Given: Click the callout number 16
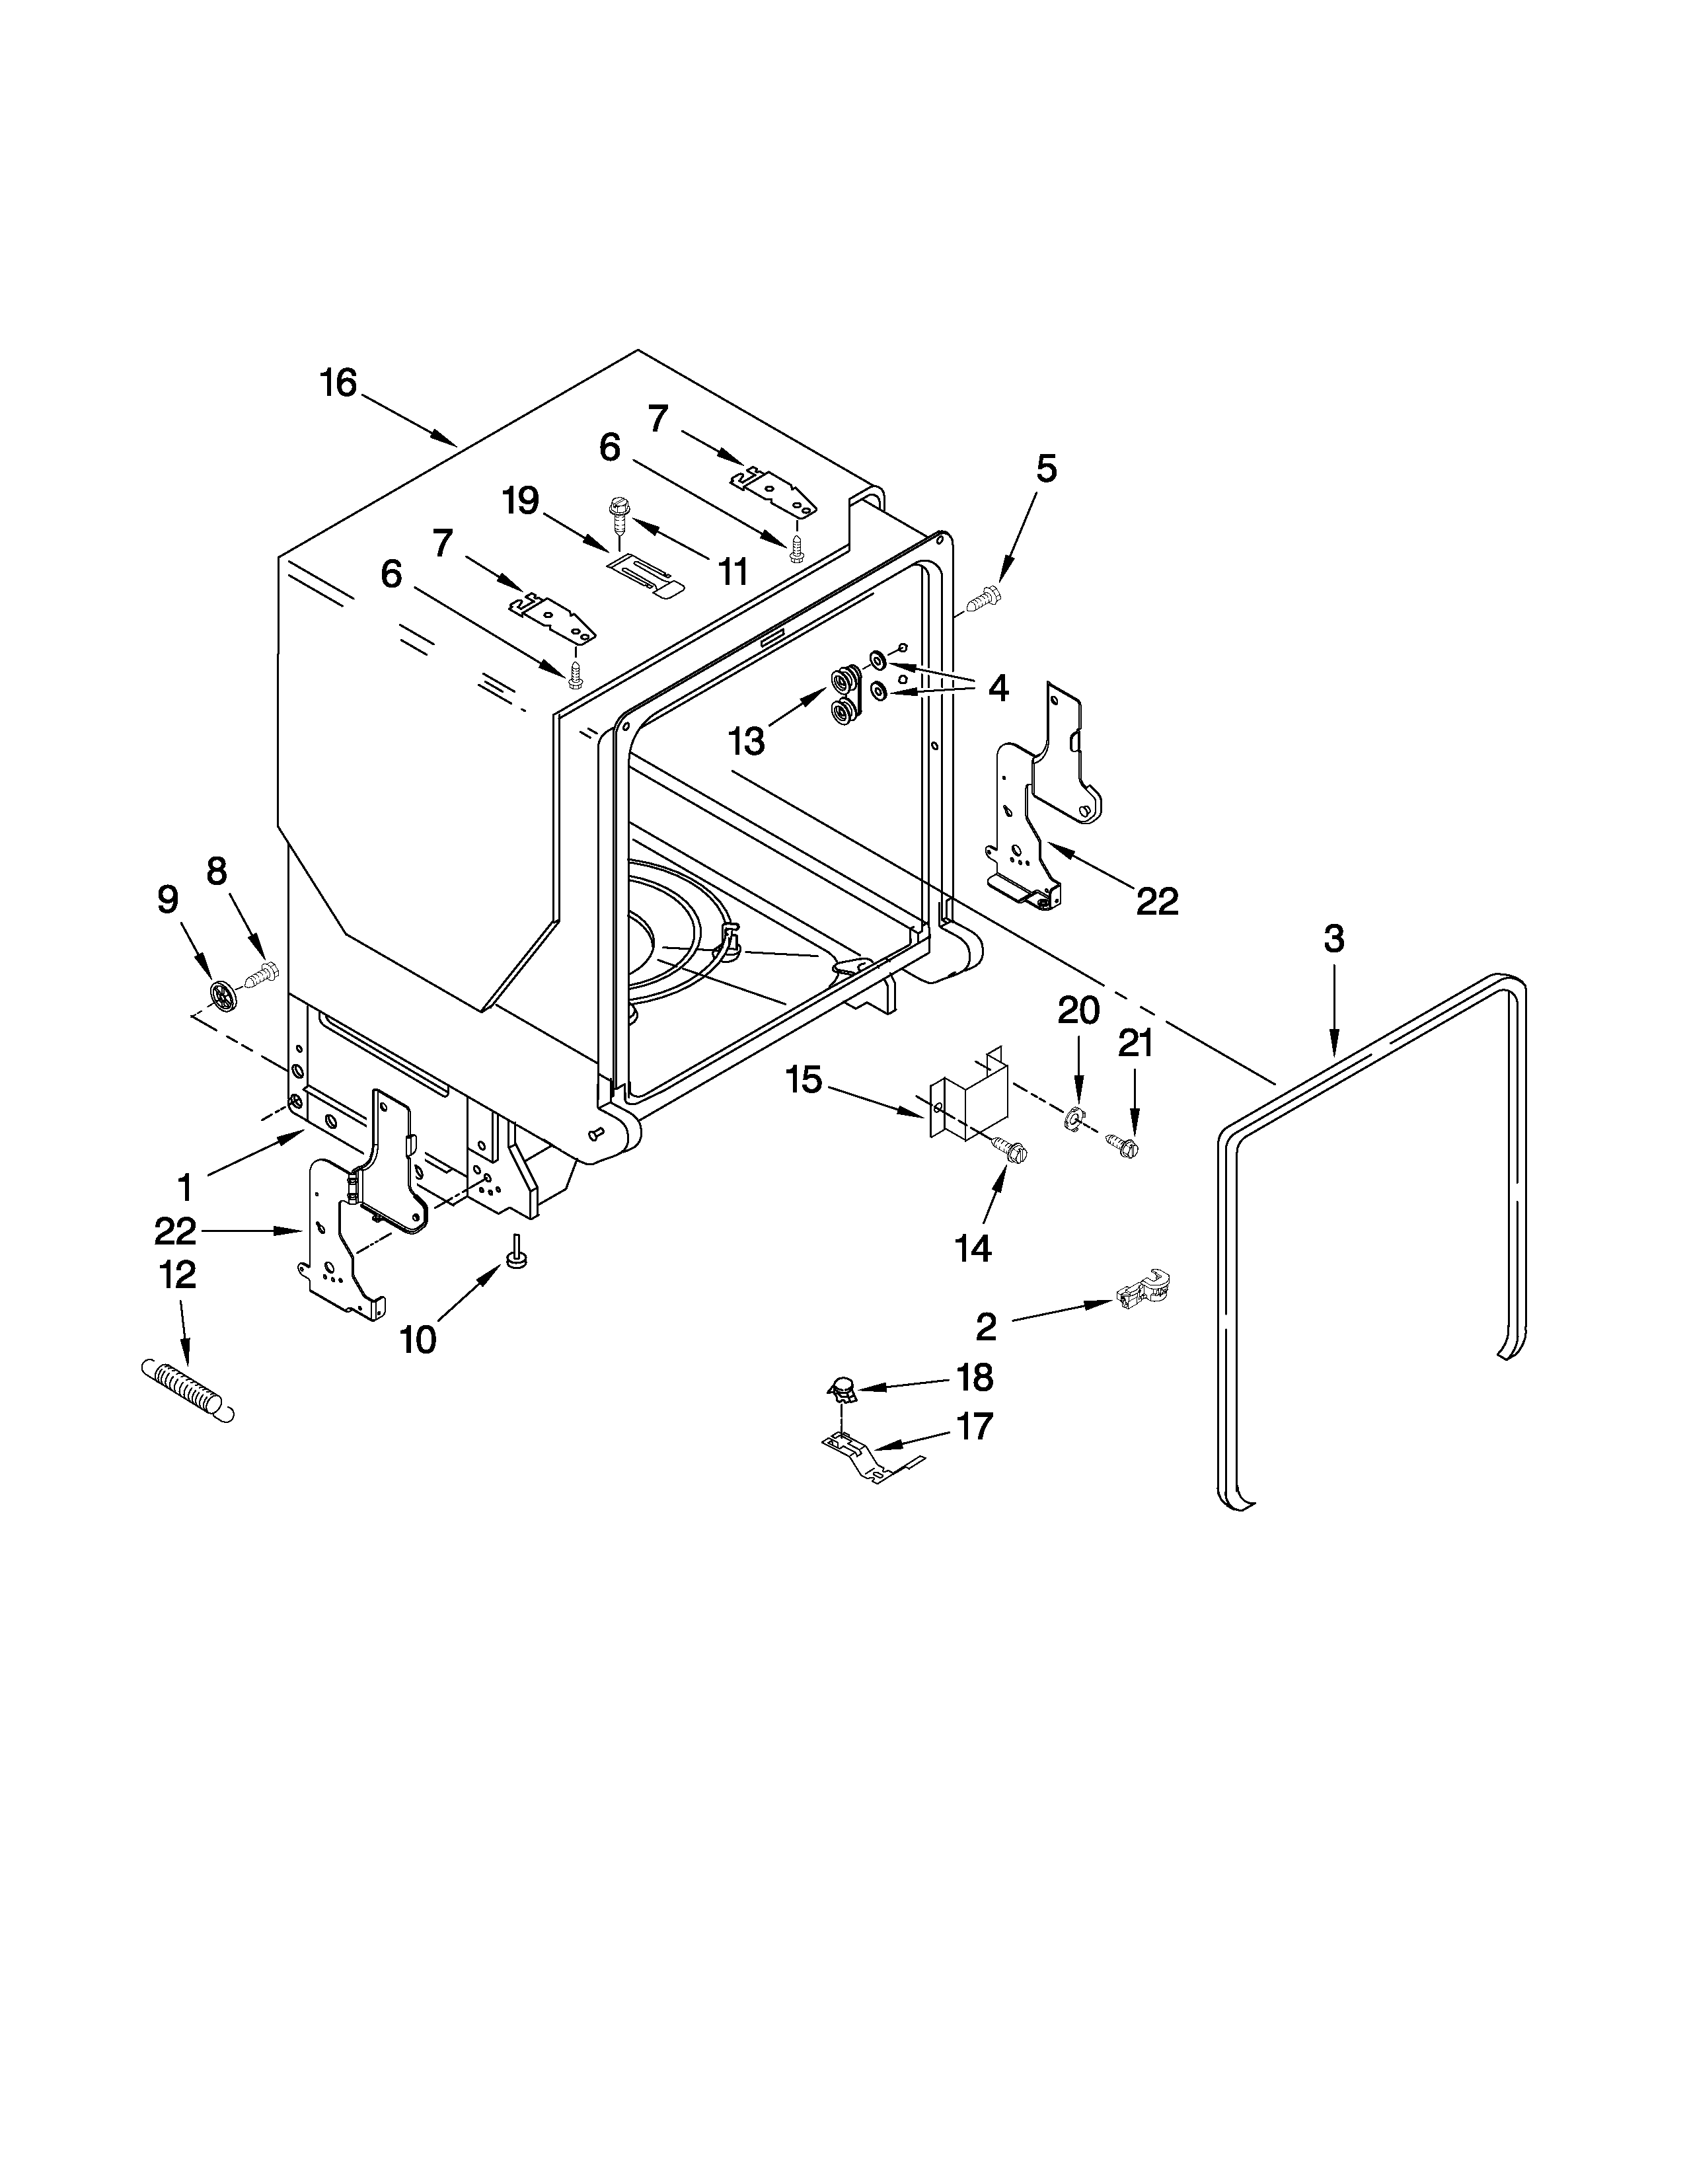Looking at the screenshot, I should (338, 383).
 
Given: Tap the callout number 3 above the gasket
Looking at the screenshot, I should (1333, 938).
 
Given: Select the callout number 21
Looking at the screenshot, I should (1135, 1044).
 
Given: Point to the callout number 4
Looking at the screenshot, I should (998, 687).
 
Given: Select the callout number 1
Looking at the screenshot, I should (184, 1188).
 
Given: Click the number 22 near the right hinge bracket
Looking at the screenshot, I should (1158, 901).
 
